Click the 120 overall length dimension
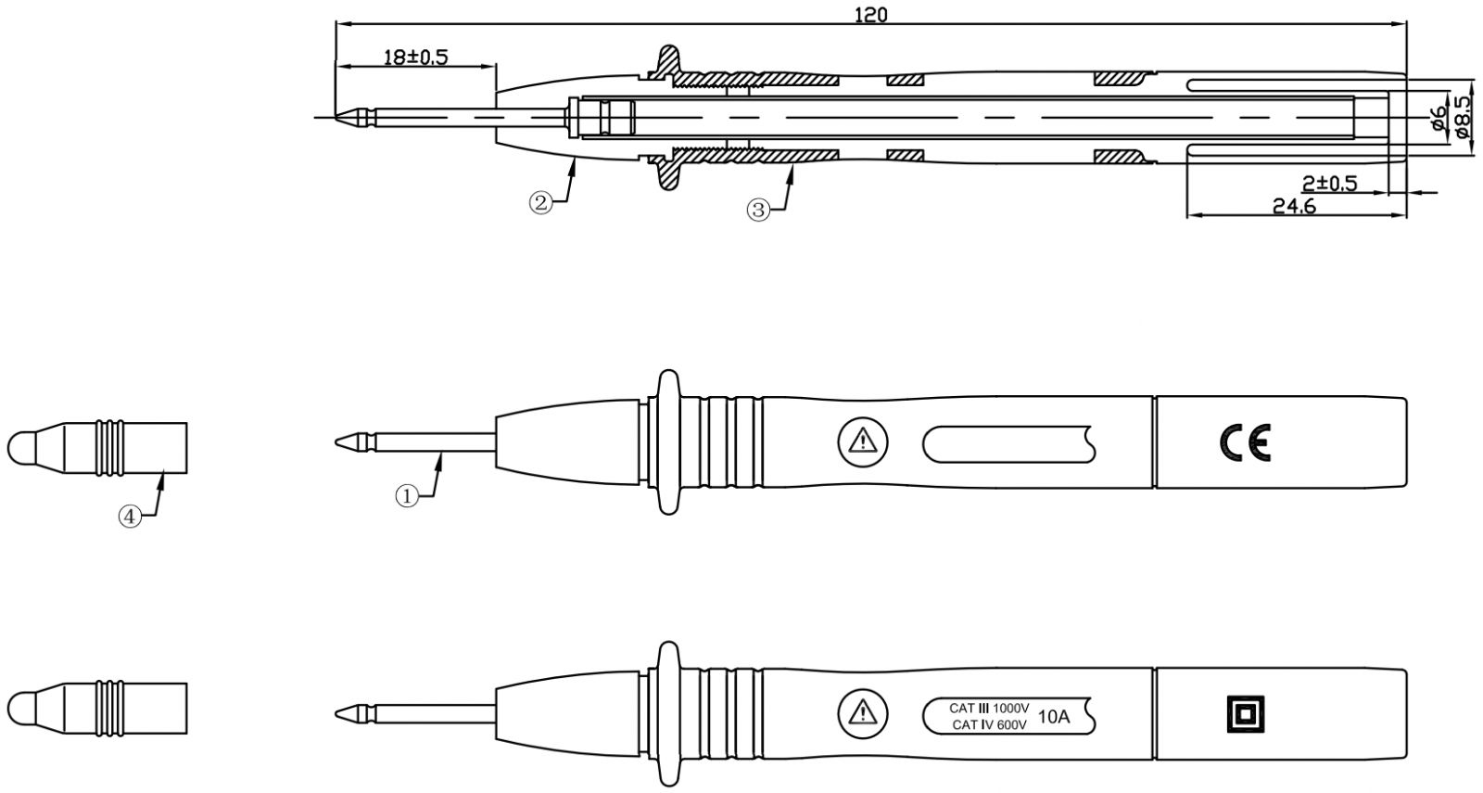coord(870,14)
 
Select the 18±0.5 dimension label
coord(416,58)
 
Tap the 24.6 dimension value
coord(1294,206)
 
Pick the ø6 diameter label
coord(1437,118)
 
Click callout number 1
coord(407,496)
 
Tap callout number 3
coord(758,211)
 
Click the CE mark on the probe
coord(1245,443)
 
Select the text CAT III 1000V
coord(989,708)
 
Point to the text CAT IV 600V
coord(989,725)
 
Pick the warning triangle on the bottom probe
coord(862,712)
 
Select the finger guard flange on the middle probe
coord(666,442)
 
